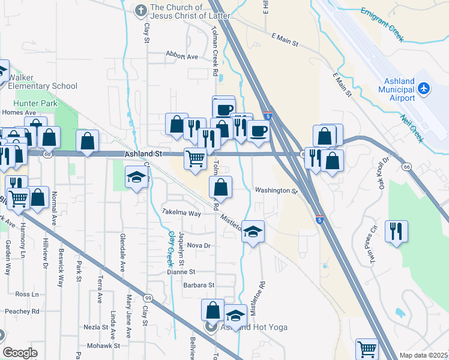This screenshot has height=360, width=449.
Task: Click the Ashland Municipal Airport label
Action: tap(396, 89)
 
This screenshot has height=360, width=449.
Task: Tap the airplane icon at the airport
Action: tap(424, 89)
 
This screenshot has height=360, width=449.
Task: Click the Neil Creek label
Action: tap(412, 125)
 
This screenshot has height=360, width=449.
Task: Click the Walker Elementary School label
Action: tap(43, 82)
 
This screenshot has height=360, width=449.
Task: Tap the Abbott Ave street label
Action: tap(182, 57)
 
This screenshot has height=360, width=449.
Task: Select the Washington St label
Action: tap(276, 191)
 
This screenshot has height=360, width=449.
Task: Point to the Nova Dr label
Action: tap(199, 245)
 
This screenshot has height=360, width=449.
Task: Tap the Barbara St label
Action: tap(199, 285)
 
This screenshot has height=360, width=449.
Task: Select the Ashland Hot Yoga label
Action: tap(254, 327)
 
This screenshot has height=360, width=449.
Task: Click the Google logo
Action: tap(20, 353)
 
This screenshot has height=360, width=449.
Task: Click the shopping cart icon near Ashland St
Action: tap(195, 159)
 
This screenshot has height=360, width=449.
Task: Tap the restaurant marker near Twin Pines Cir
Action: tap(396, 231)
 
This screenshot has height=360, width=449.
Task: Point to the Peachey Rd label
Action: tap(22, 311)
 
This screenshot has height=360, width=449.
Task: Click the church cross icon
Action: tap(140, 10)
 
